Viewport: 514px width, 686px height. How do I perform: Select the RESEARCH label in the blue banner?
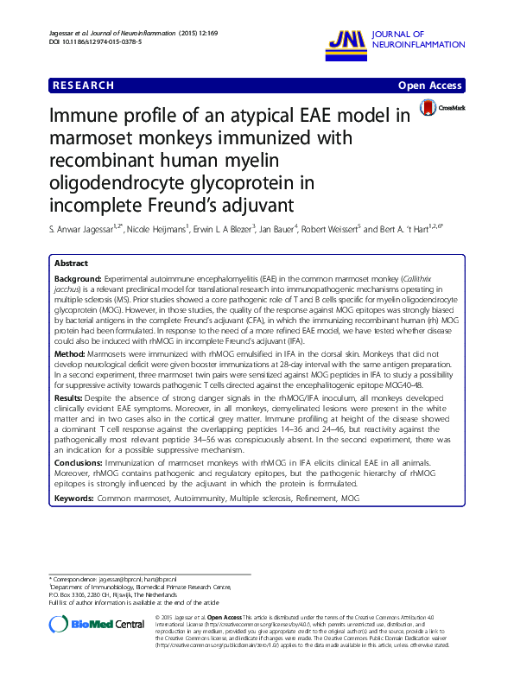(83, 86)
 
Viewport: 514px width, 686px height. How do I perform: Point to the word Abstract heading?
(71, 263)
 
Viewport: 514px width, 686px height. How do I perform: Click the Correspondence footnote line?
(113, 577)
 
